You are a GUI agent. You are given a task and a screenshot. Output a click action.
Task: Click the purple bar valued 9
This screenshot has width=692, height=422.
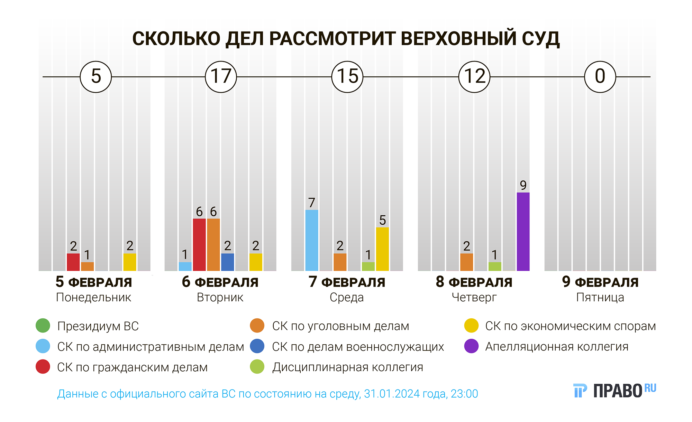[523, 232]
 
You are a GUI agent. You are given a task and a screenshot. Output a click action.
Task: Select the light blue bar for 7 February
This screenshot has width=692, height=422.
[312, 240]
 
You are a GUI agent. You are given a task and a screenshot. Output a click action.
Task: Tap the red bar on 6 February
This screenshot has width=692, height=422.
[199, 245]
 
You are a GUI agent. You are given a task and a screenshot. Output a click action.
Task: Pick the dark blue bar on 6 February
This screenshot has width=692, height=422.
[227, 262]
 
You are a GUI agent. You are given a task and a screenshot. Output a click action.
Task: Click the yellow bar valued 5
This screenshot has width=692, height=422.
[382, 249]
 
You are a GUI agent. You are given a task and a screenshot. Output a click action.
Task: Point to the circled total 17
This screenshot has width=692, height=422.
[221, 77]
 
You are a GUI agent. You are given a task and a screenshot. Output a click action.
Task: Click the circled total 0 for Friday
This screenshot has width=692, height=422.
[600, 77]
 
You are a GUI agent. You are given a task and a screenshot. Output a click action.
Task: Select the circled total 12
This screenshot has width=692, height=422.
[474, 77]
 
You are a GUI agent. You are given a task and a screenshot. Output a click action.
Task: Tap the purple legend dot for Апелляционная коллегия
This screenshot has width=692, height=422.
[471, 346]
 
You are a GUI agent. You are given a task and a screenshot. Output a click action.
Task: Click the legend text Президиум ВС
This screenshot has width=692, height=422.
[98, 326]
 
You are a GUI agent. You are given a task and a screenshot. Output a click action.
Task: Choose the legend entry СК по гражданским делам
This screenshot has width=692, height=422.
[132, 367]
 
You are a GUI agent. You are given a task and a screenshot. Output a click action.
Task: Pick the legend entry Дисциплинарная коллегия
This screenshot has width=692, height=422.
[347, 367]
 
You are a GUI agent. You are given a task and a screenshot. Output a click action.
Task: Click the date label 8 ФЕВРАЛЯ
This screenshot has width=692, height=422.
[474, 282]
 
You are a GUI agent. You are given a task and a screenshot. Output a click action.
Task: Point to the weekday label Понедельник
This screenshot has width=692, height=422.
[93, 297]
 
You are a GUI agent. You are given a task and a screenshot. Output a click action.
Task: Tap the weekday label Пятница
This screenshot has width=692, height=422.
[600, 297]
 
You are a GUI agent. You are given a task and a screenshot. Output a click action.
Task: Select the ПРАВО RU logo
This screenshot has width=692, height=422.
[614, 391]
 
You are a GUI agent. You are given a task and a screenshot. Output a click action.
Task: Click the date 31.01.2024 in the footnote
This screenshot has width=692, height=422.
[392, 394]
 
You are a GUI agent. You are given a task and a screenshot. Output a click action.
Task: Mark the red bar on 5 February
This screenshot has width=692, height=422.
[73, 262]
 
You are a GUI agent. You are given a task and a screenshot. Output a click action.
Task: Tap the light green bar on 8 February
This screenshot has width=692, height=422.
[495, 266]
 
